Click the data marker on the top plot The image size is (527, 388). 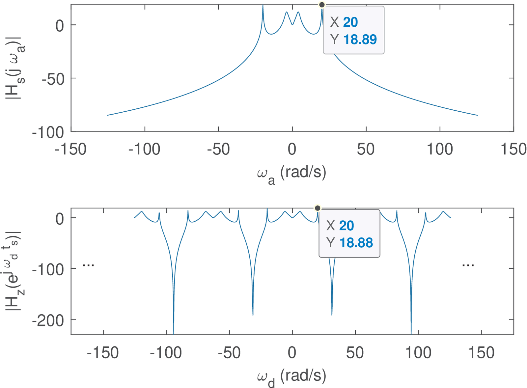click(322, 5)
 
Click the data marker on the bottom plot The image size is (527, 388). click(318, 208)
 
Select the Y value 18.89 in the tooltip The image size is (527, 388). click(360, 40)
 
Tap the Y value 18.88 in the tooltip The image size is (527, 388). click(356, 243)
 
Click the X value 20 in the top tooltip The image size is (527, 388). click(350, 22)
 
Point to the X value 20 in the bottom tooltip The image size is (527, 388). click(346, 226)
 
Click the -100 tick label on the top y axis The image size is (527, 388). click(48, 133)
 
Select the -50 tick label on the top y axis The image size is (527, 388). click(53, 79)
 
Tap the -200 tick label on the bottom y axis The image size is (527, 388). click(48, 320)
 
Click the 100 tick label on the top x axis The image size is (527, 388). click(440, 150)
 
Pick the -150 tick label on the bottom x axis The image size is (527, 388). click(102, 353)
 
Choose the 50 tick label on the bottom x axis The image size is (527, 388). click(355, 353)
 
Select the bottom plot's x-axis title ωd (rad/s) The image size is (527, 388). click(291, 377)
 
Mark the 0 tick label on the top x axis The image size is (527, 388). click(292, 150)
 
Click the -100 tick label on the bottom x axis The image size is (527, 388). click(166, 353)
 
